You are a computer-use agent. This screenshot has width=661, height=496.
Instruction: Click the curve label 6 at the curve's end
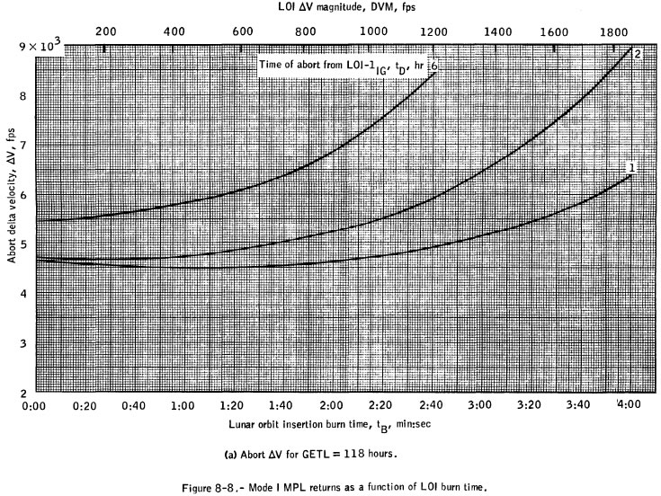coord(433,67)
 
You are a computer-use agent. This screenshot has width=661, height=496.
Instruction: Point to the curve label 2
coord(637,55)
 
